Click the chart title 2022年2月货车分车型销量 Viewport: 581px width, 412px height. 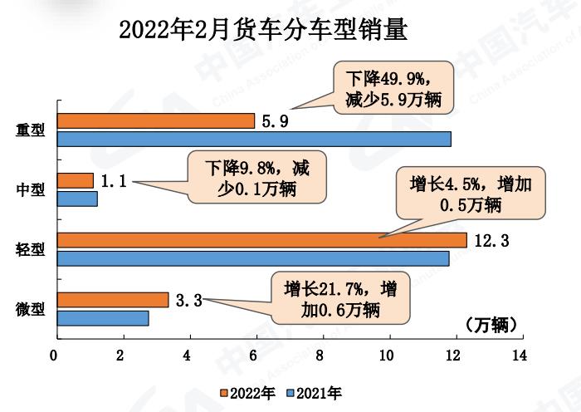point(264,31)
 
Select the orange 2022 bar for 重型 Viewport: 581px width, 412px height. point(155,120)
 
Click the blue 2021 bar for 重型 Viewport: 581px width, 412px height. point(254,139)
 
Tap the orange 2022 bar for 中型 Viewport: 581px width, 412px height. point(76,180)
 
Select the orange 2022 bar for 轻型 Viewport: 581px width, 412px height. point(262,240)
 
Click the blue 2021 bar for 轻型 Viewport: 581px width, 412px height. point(253,258)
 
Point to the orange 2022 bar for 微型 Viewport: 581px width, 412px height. point(113,300)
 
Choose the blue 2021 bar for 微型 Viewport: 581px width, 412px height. point(103,318)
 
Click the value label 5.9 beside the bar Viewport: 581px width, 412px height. point(275,121)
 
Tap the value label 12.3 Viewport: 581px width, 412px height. point(491,241)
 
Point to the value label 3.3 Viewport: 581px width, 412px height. point(189,301)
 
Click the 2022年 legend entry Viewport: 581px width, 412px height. point(247,392)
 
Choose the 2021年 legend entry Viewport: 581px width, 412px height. point(313,392)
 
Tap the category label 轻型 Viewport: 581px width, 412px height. point(32,249)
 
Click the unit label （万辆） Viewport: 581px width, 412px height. point(491,325)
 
